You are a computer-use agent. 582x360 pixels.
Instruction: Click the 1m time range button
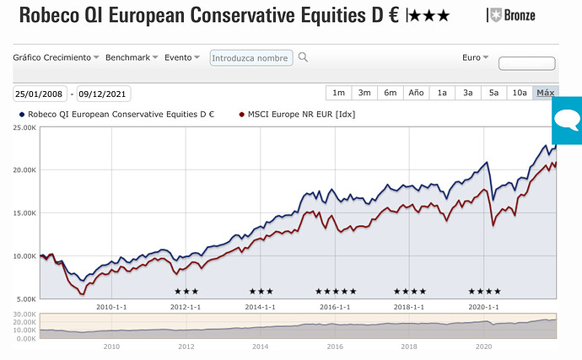(338, 93)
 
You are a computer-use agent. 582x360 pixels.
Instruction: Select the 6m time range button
(390, 93)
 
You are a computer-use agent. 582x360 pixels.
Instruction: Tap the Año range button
(416, 93)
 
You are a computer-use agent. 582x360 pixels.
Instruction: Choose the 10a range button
(520, 93)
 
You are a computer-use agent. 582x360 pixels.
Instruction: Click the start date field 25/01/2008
(39, 94)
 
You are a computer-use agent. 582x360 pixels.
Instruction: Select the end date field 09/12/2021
(103, 94)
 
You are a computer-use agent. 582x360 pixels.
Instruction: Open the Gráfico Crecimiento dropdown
(56, 57)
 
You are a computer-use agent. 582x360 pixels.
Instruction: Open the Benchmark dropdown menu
(131, 57)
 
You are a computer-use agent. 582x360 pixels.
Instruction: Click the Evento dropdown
(182, 57)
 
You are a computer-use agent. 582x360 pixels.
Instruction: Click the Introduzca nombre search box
(251, 58)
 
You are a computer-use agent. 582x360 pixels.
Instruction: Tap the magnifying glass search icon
(304, 57)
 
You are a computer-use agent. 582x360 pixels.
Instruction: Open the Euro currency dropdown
(476, 57)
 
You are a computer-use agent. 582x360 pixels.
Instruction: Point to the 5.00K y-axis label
(25, 298)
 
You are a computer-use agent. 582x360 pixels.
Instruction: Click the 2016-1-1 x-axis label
(335, 307)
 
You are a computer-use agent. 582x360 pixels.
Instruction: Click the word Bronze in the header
(518, 15)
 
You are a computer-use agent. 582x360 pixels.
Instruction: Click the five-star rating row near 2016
(336, 291)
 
